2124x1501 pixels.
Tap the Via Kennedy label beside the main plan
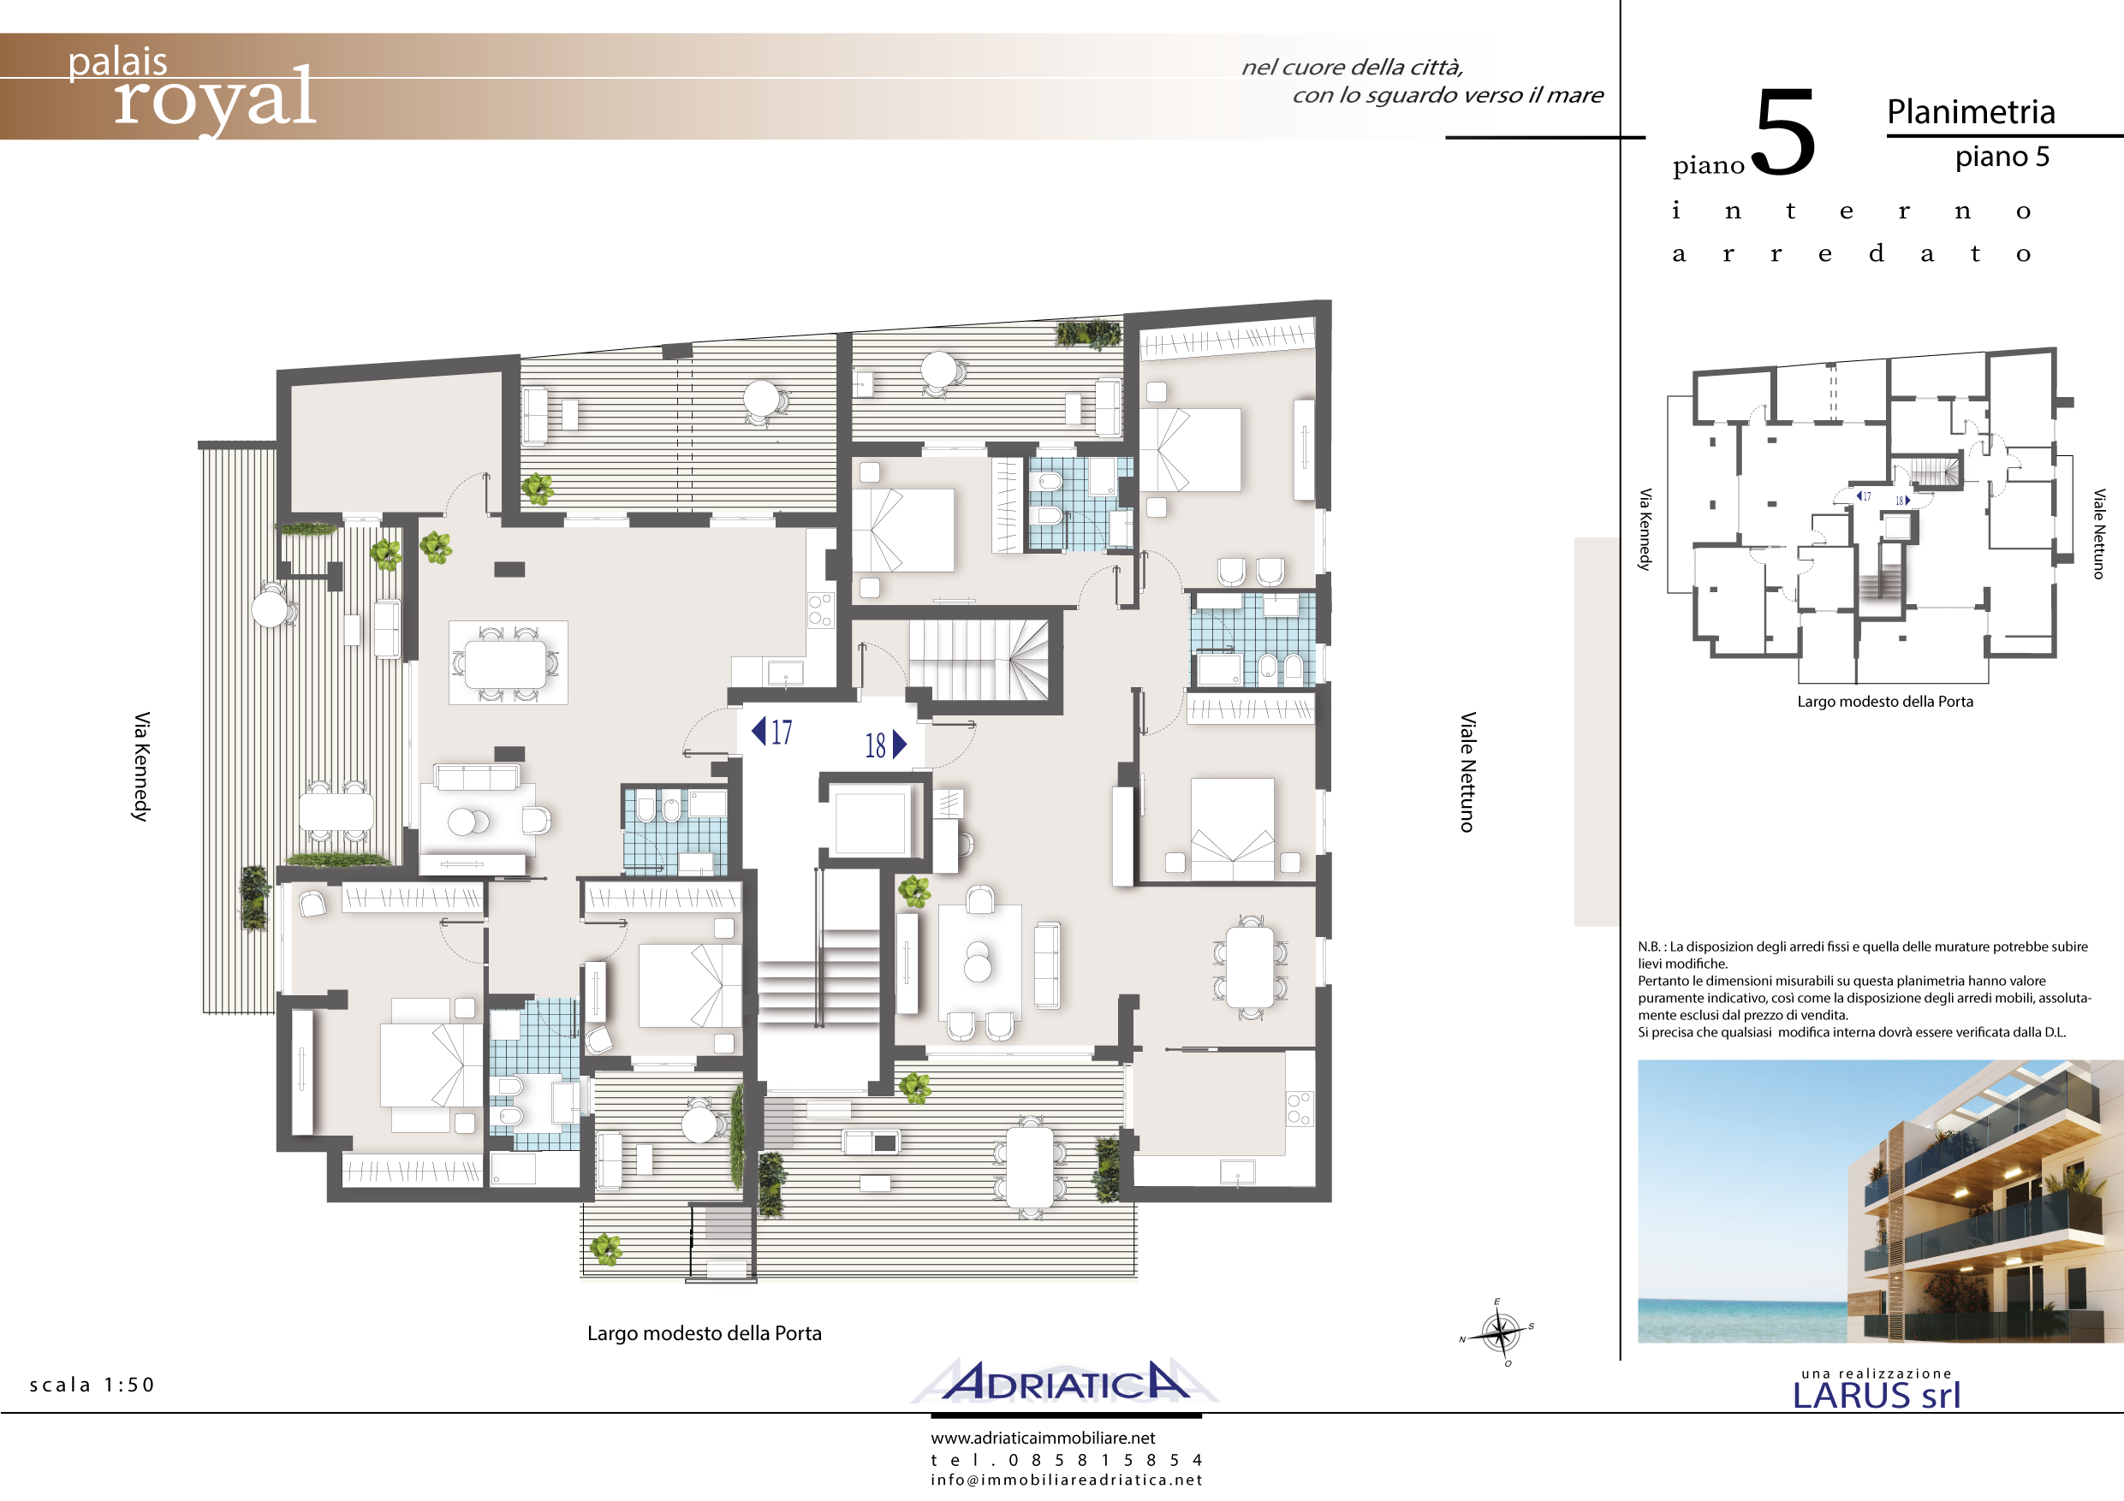(140, 767)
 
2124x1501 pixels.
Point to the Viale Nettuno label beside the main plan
(1467, 772)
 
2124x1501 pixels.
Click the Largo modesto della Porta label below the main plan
(704, 1332)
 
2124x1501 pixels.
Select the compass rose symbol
(1499, 1332)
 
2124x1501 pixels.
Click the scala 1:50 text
(92, 1385)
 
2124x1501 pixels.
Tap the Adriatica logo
(1066, 1382)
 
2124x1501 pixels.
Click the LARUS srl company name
(1876, 1396)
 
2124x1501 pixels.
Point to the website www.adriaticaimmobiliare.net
(1043, 1439)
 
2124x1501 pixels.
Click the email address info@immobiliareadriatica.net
(1066, 1480)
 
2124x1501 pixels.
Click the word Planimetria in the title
(1971, 112)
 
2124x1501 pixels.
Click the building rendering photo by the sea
(1880, 1201)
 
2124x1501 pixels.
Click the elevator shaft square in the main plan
(870, 821)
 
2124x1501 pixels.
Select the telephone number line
(1066, 1459)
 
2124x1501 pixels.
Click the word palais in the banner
(117, 62)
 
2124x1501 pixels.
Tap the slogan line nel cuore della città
(1352, 67)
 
